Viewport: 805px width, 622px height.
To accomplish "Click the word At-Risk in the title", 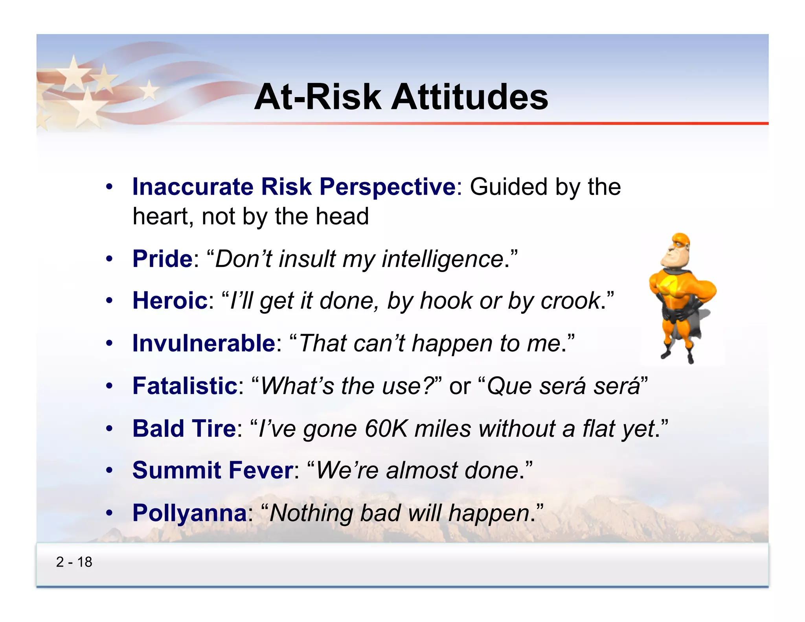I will pyautogui.click(x=318, y=97).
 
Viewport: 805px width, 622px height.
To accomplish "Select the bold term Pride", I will pyautogui.click(x=162, y=259).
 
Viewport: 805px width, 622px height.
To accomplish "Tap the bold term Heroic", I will pyautogui.click(x=170, y=301).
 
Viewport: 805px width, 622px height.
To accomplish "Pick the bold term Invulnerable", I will pyautogui.click(x=204, y=343).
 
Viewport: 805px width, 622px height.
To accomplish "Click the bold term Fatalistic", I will pyautogui.click(x=185, y=386).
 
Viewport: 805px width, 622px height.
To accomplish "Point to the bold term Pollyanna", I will pyautogui.click(x=189, y=513).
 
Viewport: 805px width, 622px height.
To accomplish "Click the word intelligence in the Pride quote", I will pyautogui.click(x=443, y=259).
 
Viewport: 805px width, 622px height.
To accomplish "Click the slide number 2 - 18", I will pyautogui.click(x=74, y=562).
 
